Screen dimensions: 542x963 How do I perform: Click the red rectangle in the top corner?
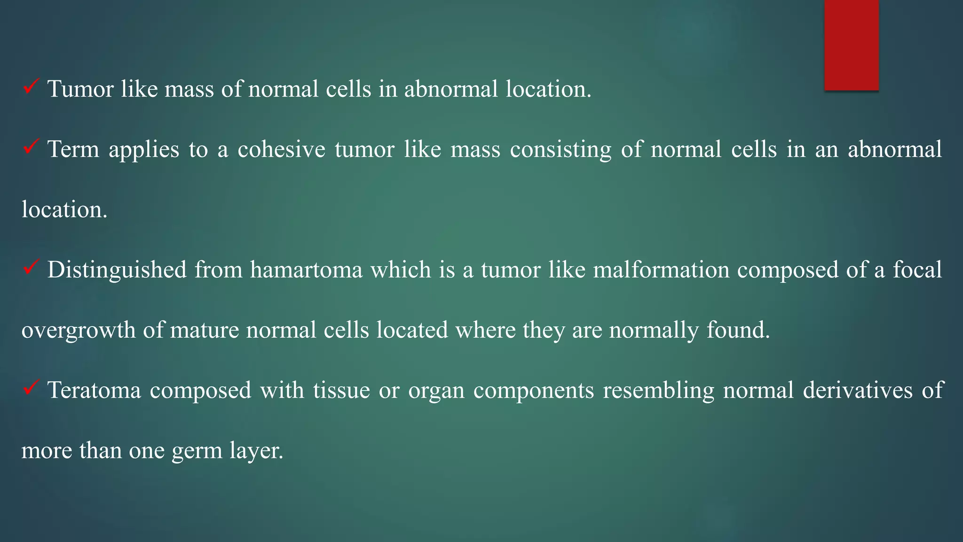pyautogui.click(x=851, y=45)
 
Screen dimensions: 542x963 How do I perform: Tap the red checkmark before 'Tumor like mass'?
pyautogui.click(x=31, y=87)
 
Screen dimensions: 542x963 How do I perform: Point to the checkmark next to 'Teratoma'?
pyautogui.click(x=31, y=388)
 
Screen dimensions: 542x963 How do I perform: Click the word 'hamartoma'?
pyautogui.click(x=306, y=270)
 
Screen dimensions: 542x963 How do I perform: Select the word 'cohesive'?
pyautogui.click(x=281, y=150)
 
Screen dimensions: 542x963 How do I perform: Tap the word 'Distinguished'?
pyautogui.click(x=117, y=270)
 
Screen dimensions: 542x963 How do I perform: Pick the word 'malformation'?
pyautogui.click(x=661, y=270)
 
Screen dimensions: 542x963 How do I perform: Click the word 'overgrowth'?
pyautogui.click(x=78, y=330)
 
